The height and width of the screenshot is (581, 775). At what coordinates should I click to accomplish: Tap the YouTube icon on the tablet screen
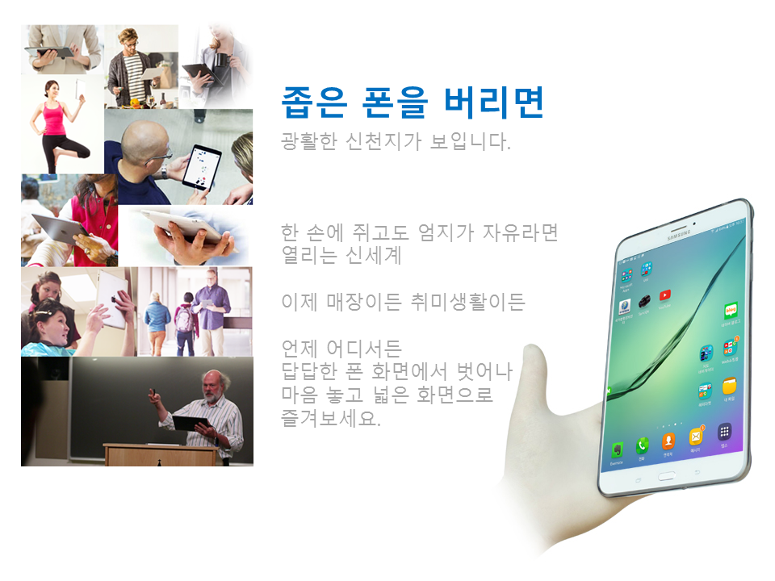[664, 295]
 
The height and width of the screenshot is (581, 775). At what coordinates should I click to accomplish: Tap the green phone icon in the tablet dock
[642, 445]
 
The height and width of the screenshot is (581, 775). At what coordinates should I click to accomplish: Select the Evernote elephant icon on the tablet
[617, 450]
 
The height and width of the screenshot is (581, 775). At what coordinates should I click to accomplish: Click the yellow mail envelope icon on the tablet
[695, 437]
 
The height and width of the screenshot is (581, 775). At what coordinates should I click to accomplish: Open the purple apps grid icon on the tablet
[724, 432]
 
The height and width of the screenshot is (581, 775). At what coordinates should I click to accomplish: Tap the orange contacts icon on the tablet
[668, 441]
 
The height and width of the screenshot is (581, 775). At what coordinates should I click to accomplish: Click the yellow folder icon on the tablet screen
[730, 386]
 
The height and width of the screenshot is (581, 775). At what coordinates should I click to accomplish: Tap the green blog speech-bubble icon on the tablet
[731, 310]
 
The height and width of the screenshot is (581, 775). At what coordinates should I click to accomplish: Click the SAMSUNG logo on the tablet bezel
[679, 235]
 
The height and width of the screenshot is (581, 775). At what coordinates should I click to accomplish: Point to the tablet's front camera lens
[694, 224]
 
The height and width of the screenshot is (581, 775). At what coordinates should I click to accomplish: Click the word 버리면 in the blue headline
[494, 102]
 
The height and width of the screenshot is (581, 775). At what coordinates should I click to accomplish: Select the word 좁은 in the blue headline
[313, 102]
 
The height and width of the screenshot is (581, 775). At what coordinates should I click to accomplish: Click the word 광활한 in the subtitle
[309, 141]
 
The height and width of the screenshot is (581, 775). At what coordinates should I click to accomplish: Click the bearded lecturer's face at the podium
[213, 387]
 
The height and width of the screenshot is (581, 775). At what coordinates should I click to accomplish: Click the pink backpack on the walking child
[185, 319]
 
